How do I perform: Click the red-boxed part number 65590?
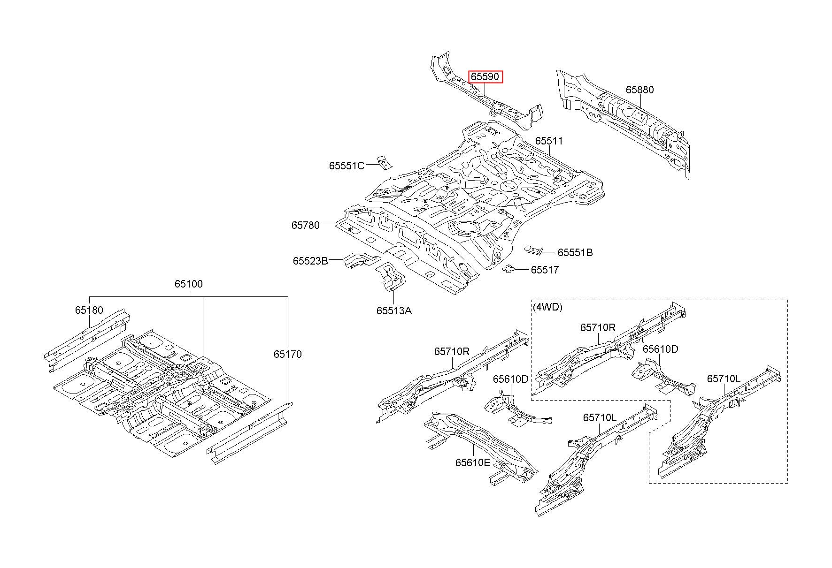click(485, 76)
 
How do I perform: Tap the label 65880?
click(639, 90)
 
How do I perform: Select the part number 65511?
click(549, 141)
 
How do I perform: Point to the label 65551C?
click(347, 166)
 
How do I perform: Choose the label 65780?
click(305, 225)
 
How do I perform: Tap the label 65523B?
click(310, 261)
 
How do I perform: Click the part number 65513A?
click(393, 311)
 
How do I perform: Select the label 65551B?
click(575, 252)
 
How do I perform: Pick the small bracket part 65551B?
click(533, 250)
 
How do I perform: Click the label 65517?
click(545, 270)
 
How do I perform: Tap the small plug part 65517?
click(508, 269)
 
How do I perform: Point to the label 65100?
click(189, 284)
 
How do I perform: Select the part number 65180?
click(89, 310)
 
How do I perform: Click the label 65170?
click(287, 354)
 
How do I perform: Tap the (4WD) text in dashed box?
click(547, 307)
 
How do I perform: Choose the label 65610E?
click(472, 462)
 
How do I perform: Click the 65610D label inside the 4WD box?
click(660, 349)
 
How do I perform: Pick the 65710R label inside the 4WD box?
click(597, 327)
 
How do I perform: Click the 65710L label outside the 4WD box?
click(600, 417)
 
